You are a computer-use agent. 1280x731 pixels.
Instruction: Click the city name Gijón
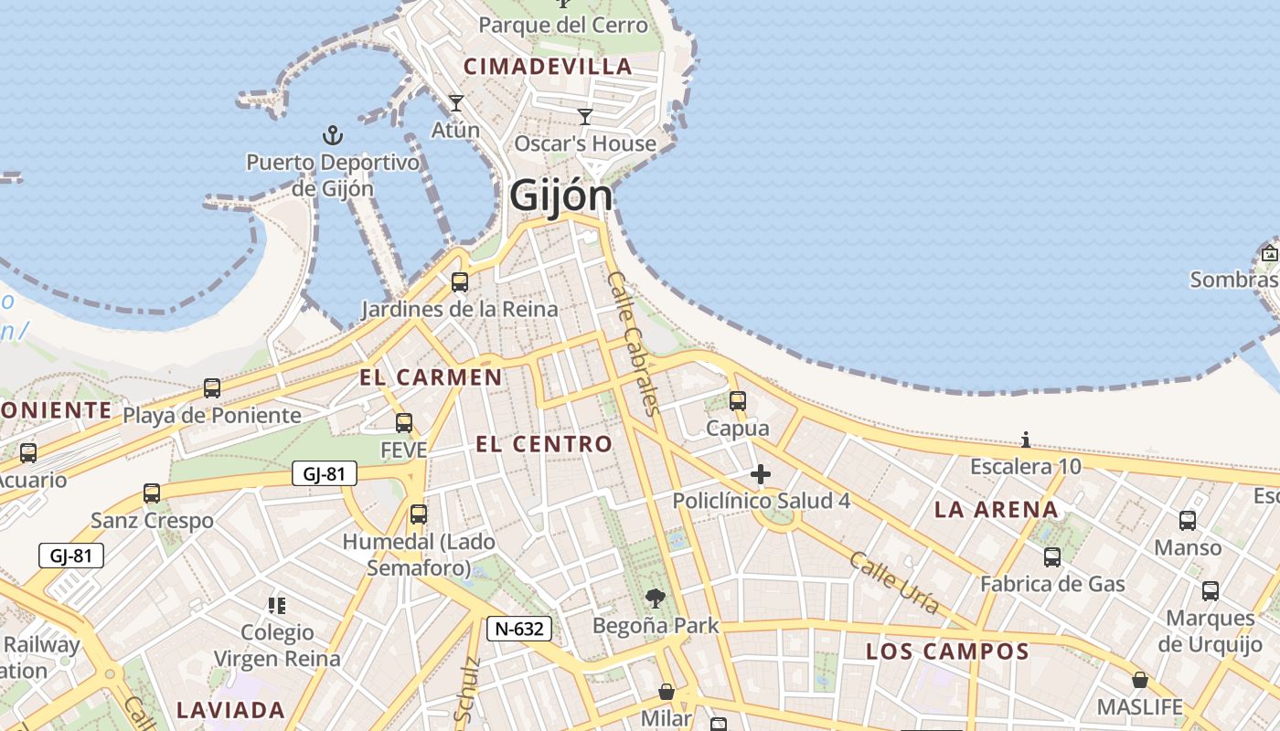pyautogui.click(x=560, y=196)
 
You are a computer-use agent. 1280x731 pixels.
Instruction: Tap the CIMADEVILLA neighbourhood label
pyautogui.click(x=548, y=66)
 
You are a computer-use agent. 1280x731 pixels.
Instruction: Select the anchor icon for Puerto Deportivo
pyautogui.click(x=333, y=136)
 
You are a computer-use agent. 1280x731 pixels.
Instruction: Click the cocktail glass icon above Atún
pyautogui.click(x=455, y=103)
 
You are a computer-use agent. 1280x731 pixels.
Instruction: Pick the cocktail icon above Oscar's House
pyautogui.click(x=585, y=117)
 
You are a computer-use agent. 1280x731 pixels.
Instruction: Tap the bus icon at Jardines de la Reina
pyautogui.click(x=460, y=282)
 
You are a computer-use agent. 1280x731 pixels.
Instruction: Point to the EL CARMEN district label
pyautogui.click(x=431, y=377)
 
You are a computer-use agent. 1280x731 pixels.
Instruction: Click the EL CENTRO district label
pyautogui.click(x=544, y=444)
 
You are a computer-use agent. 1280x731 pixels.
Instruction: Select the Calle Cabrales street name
pyautogui.click(x=634, y=343)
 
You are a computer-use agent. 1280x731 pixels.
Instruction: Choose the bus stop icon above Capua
pyautogui.click(x=737, y=401)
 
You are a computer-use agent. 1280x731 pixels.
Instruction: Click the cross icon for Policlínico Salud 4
pyautogui.click(x=760, y=474)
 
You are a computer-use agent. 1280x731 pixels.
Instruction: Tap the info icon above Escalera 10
pyautogui.click(x=1025, y=440)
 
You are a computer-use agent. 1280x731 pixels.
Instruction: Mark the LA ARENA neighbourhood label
pyautogui.click(x=996, y=509)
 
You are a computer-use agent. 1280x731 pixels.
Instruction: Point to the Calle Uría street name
pyautogui.click(x=894, y=582)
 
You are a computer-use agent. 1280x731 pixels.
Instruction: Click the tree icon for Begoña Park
pyautogui.click(x=655, y=599)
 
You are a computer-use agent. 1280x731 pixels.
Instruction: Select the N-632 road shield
pyautogui.click(x=518, y=629)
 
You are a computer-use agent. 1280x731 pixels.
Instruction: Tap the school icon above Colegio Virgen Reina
pyautogui.click(x=276, y=605)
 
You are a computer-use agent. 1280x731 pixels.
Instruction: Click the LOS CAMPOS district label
pyautogui.click(x=947, y=652)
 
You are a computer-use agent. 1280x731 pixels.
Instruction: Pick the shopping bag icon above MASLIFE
pyautogui.click(x=1139, y=680)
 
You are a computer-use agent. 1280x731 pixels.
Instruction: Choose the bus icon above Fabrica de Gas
pyautogui.click(x=1052, y=556)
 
